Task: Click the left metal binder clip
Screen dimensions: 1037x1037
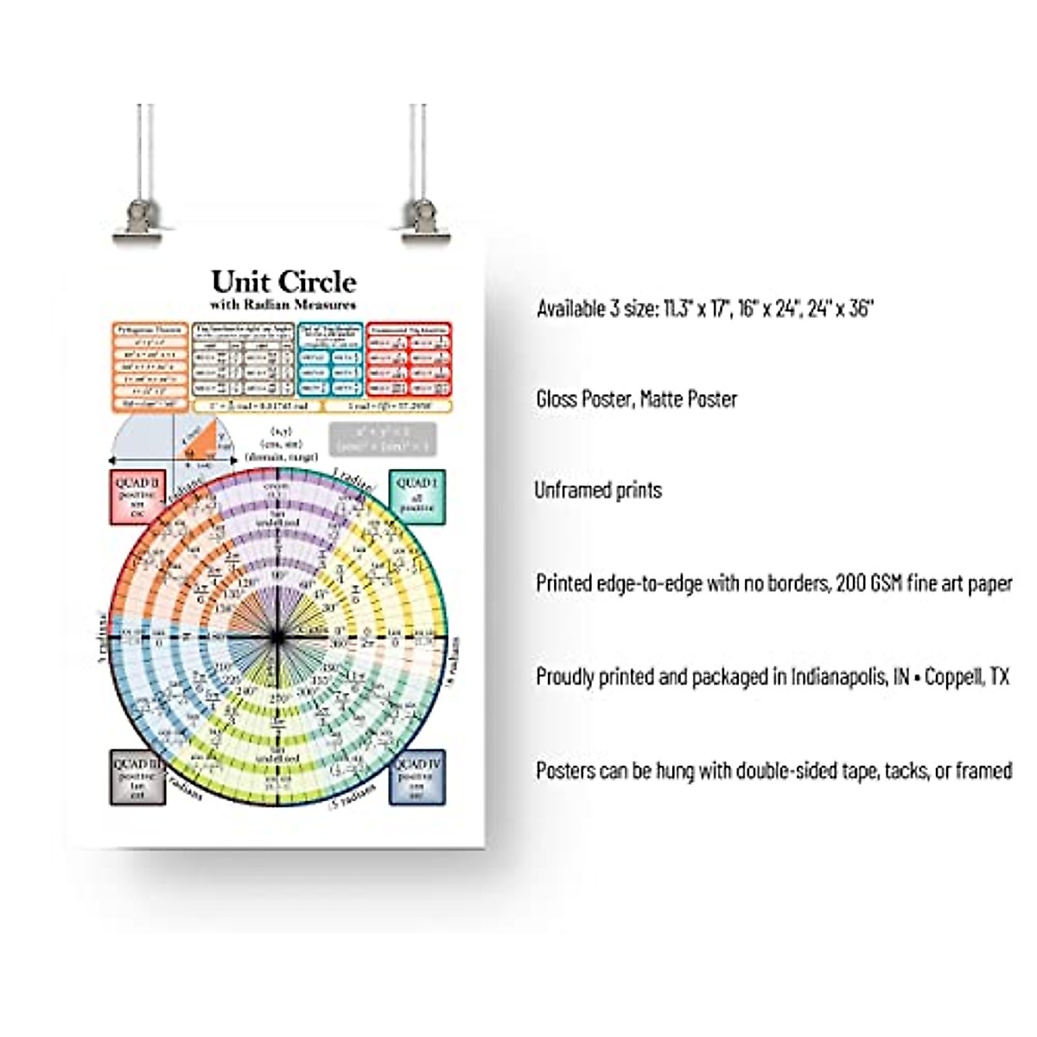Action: coord(138,218)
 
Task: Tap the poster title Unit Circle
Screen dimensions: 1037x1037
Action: coord(283,282)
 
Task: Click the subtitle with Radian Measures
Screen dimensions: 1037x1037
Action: coord(283,304)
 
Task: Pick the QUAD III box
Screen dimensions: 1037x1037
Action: coord(137,777)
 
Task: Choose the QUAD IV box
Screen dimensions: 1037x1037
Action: coord(417,777)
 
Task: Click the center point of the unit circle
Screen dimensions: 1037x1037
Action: coord(277,638)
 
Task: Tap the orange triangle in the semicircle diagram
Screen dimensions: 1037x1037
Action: coord(197,442)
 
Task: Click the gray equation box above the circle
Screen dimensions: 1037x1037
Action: coord(382,439)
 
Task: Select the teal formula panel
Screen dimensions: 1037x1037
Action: coord(330,360)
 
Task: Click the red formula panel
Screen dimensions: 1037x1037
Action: coord(409,360)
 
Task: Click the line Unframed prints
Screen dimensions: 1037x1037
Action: coord(598,490)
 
